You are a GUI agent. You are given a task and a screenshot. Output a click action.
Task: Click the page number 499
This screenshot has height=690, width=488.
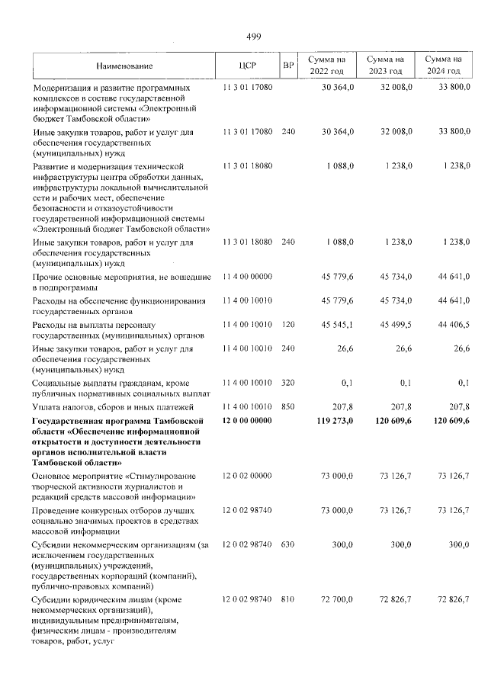click(254, 37)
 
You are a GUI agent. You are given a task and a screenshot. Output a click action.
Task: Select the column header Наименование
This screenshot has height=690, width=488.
click(124, 66)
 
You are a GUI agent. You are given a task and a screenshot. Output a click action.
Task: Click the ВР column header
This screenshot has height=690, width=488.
click(288, 66)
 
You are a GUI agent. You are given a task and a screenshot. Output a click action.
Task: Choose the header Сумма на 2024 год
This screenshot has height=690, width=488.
click(444, 65)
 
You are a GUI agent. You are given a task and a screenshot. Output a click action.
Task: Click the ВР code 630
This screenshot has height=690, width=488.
click(287, 545)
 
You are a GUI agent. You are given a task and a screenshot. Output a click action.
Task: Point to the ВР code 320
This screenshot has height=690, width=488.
click(287, 383)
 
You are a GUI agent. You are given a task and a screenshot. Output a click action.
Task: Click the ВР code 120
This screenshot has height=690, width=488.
click(287, 326)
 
